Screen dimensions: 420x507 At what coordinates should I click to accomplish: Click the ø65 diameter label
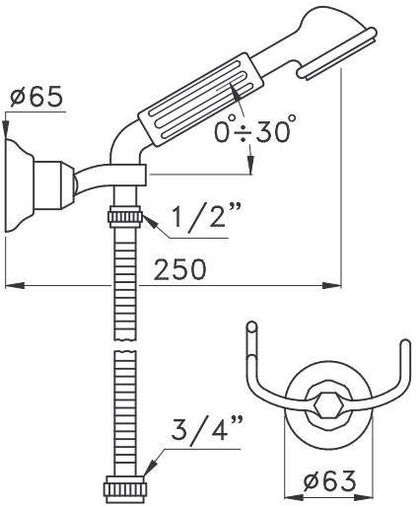coord(36,97)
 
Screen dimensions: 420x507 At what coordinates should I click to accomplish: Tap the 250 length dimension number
coord(180,269)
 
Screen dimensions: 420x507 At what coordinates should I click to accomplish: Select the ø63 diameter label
coord(329,481)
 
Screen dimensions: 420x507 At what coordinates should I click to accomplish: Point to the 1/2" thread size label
coord(207,215)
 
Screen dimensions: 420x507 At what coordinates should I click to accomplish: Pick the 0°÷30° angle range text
coord(254,131)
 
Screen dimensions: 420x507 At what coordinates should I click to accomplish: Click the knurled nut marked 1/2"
coord(125,216)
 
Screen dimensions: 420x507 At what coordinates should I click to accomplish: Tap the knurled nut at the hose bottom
coord(125,492)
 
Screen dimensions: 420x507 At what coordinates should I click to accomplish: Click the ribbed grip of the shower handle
coord(201,100)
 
